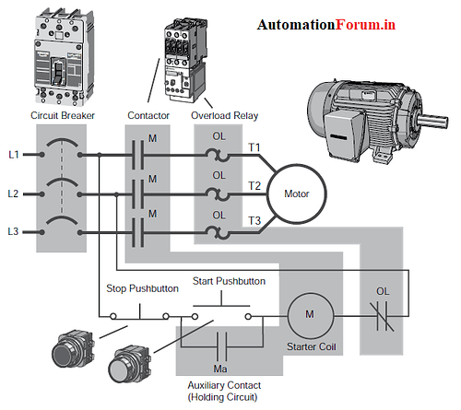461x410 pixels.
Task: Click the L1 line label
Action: click(x=13, y=154)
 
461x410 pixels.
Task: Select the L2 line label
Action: click(x=13, y=194)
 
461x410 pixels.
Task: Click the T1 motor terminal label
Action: click(x=254, y=147)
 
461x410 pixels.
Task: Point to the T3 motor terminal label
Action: click(x=254, y=219)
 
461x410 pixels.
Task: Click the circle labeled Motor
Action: click(x=295, y=194)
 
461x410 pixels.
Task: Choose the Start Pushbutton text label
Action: click(x=229, y=280)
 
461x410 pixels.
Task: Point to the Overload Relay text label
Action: click(x=223, y=116)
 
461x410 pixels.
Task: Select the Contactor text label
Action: click(x=148, y=116)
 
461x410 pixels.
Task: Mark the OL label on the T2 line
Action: click(x=219, y=174)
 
